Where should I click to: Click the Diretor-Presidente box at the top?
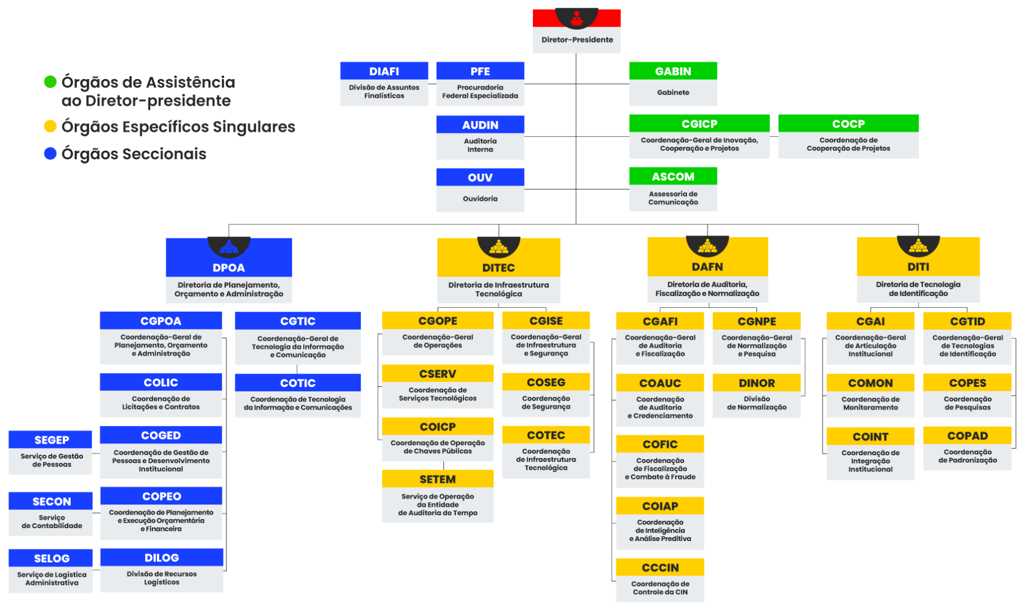[576, 39]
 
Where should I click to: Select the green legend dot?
[50, 82]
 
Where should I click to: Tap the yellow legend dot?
[50, 126]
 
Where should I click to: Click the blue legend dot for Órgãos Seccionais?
[50, 153]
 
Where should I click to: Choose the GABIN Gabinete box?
[673, 84]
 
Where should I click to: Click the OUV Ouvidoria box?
[480, 190]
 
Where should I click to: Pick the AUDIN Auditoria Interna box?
[480, 137]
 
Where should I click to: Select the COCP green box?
[848, 137]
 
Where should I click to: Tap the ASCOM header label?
[673, 177]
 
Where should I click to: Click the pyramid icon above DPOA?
[229, 246]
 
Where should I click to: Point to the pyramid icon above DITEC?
[498, 246]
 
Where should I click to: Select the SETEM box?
[437, 496]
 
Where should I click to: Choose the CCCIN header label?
[660, 568]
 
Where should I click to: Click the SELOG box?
[51, 571]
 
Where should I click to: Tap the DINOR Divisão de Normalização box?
[756, 396]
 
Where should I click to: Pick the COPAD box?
[967, 448]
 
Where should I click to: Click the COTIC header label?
[297, 383]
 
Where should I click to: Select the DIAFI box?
[384, 84]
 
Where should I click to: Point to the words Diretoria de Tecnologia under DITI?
[918, 285]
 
